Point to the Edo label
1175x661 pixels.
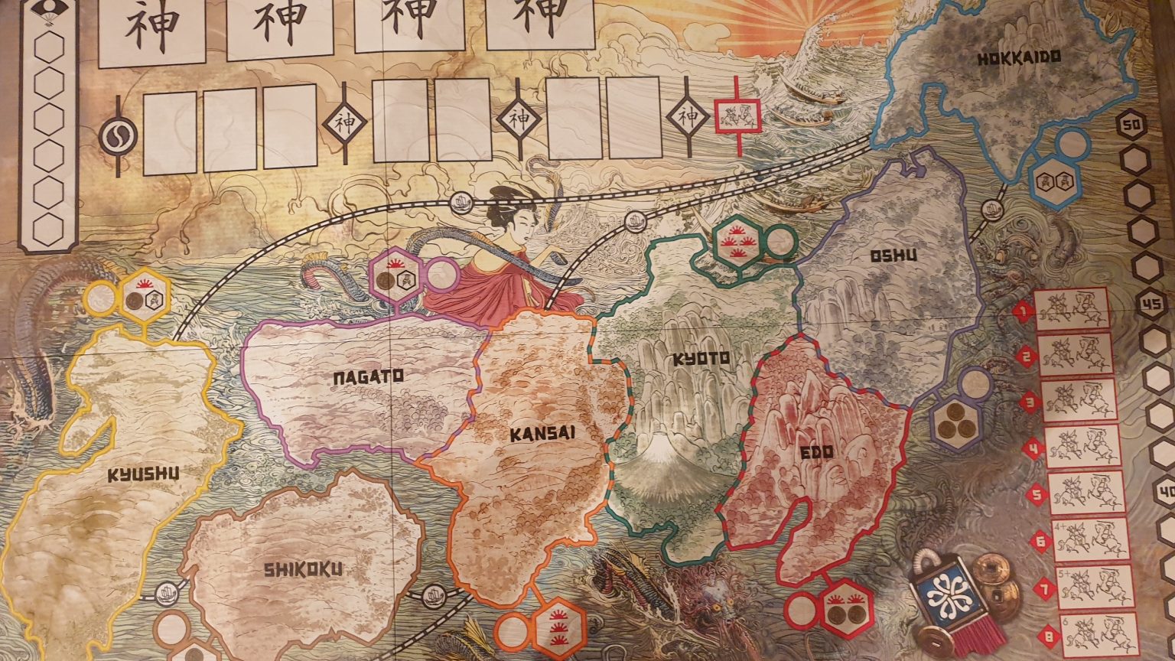pyautogui.click(x=816, y=451)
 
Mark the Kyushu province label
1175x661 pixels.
pyautogui.click(x=143, y=475)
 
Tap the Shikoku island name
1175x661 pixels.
pyautogui.click(x=302, y=569)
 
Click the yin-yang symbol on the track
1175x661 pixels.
pyautogui.click(x=118, y=135)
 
